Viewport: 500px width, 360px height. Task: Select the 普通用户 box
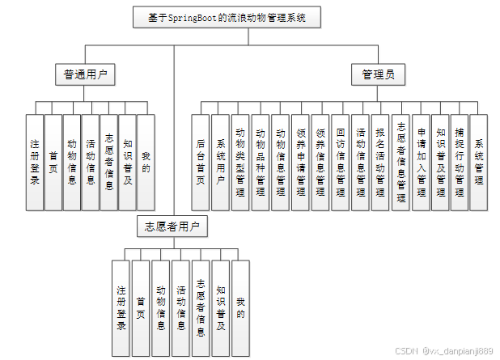point(85,75)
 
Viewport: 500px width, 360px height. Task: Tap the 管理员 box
point(378,75)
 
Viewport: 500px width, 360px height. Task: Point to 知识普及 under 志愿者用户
point(221,309)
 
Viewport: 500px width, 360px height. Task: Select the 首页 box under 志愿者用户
point(141,309)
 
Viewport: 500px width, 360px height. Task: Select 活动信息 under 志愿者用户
point(181,309)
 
